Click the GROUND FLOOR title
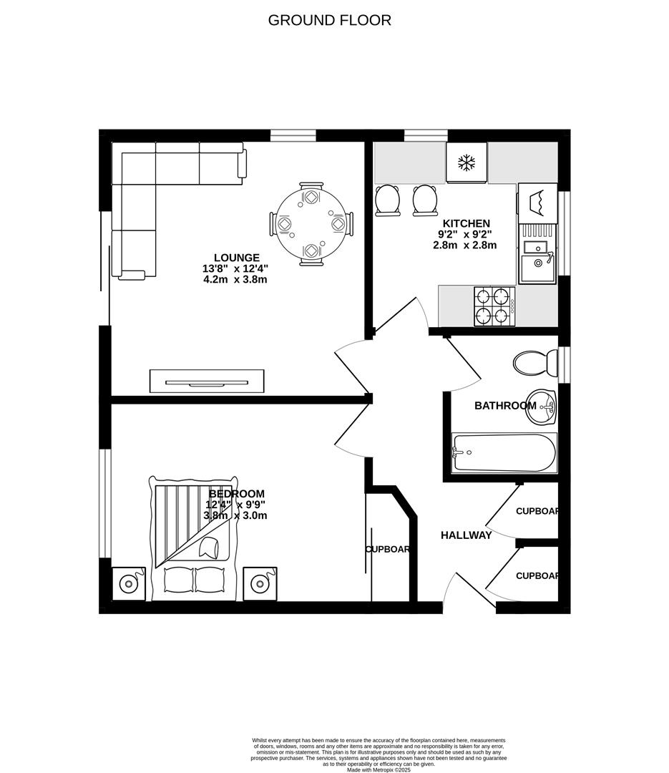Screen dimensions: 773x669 pos(329,20)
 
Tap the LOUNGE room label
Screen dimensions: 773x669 pos(236,258)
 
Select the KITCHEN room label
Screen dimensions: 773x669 pos(466,223)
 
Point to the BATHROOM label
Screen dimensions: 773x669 pos(505,406)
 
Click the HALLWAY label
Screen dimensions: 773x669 pos(466,535)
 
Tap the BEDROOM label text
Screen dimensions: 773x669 pos(237,494)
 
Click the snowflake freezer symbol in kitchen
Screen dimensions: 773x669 pos(467,162)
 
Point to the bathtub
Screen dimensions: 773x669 pos(504,452)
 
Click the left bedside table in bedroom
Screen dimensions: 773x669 pos(129,583)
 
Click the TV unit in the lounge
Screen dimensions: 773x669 pos(207,381)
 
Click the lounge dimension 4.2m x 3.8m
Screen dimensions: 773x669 pos(236,280)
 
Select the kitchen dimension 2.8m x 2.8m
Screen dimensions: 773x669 pos(465,245)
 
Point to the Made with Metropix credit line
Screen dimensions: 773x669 pos(380,769)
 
